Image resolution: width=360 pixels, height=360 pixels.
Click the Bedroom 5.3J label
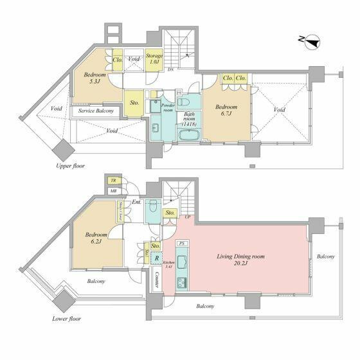[96, 78]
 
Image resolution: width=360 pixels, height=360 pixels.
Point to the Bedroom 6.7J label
[226, 111]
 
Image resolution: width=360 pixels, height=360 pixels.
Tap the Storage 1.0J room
[154, 59]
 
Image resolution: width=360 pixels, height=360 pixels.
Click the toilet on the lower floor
[152, 208]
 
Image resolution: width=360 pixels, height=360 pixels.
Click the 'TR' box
[113, 181]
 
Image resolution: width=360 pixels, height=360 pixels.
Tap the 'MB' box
[113, 191]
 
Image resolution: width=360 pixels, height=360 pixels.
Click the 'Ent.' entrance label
[136, 203]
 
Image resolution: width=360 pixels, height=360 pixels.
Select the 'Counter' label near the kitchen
[157, 278]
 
